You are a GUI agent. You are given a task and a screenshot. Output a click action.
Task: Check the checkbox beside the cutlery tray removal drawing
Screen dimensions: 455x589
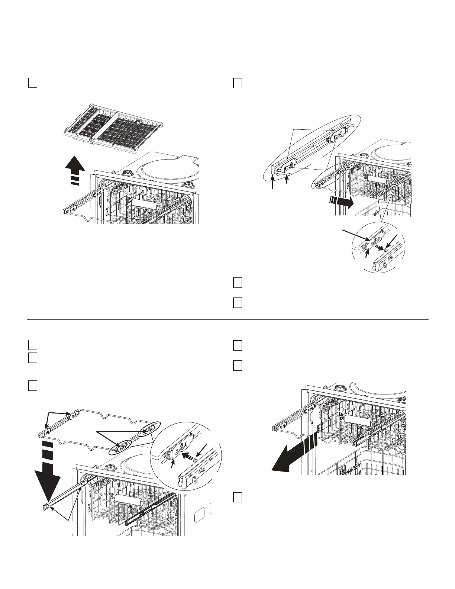pyautogui.click(x=32, y=83)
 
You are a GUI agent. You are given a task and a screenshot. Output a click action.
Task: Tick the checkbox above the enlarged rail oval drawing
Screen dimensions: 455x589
pyautogui.click(x=238, y=83)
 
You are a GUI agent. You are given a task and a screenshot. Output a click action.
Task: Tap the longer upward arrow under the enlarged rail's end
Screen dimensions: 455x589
pyautogui.click(x=273, y=183)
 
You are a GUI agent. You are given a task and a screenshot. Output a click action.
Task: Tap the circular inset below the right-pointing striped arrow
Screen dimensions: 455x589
pyautogui.click(x=378, y=247)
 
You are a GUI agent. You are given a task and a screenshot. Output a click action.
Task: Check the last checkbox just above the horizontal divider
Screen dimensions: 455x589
pyautogui.click(x=238, y=303)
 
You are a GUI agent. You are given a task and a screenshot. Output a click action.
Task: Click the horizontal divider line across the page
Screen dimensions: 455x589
pyautogui.click(x=227, y=319)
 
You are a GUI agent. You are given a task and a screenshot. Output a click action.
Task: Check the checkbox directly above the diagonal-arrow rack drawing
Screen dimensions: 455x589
pyautogui.click(x=238, y=366)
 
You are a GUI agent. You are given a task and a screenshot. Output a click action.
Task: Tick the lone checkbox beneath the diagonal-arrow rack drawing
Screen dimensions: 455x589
pyautogui.click(x=238, y=497)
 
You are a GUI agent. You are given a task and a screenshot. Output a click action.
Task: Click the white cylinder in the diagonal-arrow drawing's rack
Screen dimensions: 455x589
pyautogui.click(x=359, y=422)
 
